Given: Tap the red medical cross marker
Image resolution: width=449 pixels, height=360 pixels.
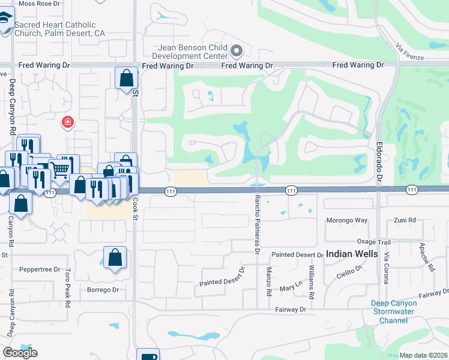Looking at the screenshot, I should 68,123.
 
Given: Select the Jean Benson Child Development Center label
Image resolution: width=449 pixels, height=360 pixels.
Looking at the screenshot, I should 191,52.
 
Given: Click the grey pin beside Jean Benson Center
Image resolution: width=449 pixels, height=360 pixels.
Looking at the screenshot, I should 237,50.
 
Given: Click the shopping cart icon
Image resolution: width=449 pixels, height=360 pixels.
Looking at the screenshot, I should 59,170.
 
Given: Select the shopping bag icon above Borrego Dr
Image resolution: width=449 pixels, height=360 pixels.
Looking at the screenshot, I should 115,258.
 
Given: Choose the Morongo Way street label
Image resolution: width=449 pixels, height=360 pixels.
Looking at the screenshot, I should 346,220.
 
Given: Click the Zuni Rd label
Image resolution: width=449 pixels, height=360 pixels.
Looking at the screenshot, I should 405,220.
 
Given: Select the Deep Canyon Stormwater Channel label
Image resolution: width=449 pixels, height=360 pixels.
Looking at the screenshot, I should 394,312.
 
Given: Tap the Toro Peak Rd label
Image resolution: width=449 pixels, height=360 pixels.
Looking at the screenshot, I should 67,288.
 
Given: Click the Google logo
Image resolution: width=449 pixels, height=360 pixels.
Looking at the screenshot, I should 20,353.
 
